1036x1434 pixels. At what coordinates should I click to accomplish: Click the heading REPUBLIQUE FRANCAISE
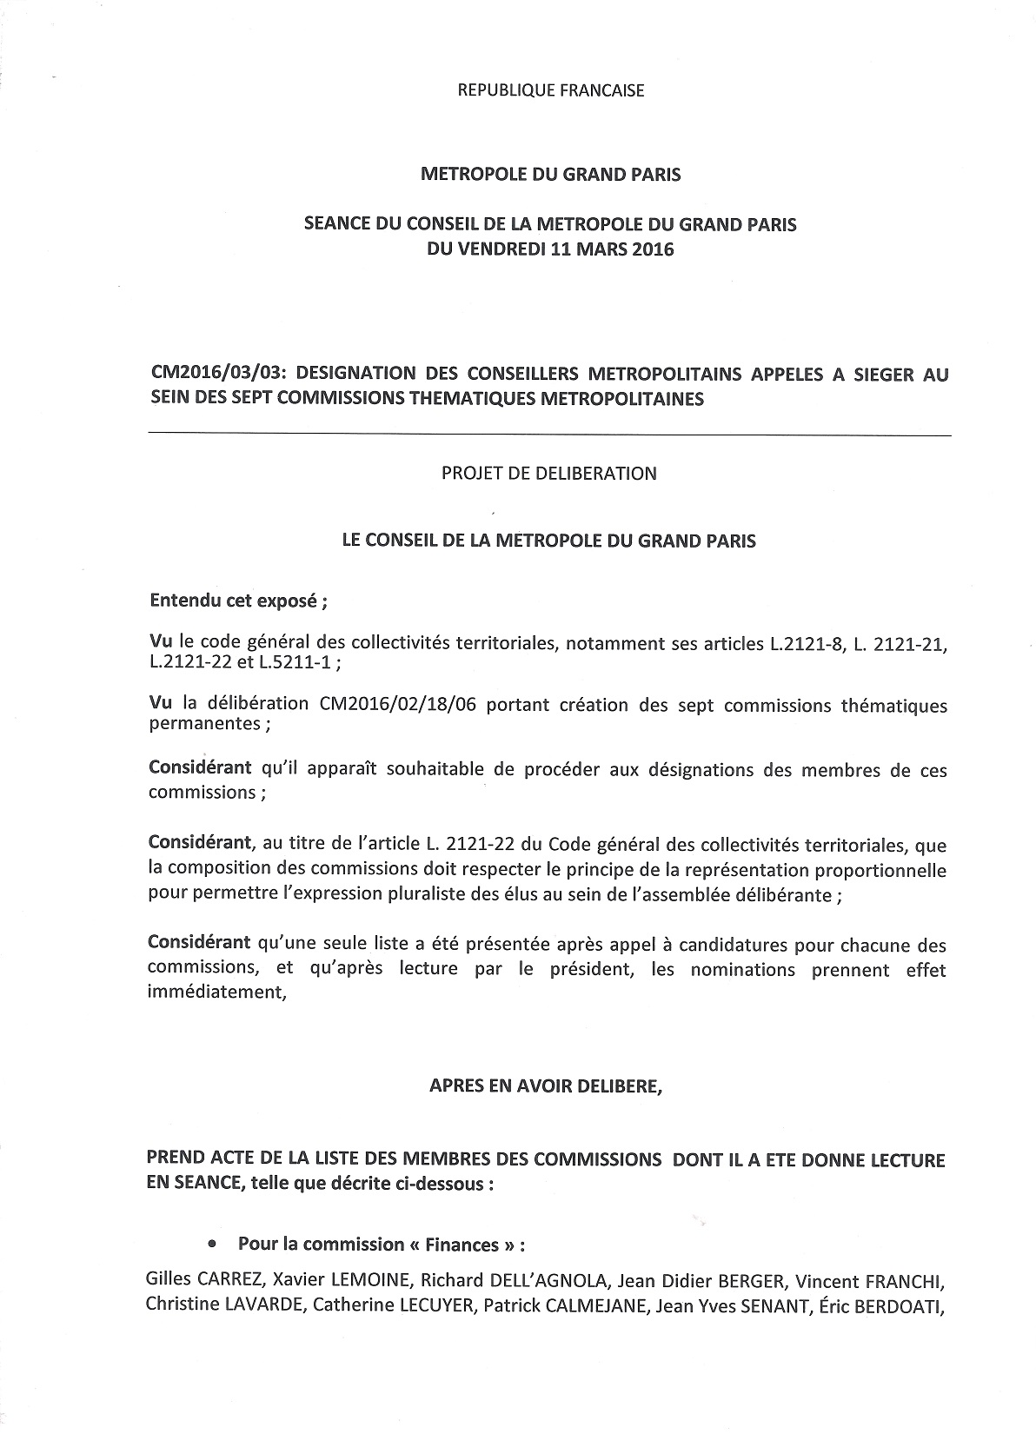[x=550, y=90]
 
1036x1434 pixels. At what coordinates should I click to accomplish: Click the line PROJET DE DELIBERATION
[x=549, y=474]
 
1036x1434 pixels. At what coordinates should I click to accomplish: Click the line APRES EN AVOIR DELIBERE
[x=546, y=1086]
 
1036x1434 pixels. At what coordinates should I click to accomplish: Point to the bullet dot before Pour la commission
[x=213, y=1244]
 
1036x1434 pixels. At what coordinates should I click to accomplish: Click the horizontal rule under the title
[x=549, y=435]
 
